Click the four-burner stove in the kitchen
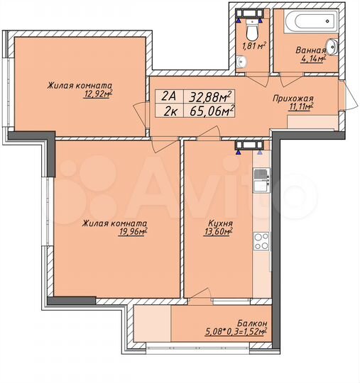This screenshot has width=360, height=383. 261,240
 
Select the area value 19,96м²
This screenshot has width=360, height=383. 133,231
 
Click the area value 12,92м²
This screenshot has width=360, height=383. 98,92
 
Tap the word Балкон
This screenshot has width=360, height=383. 250,322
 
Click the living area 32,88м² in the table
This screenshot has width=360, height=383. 213,94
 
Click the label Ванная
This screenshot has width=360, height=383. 309,51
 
